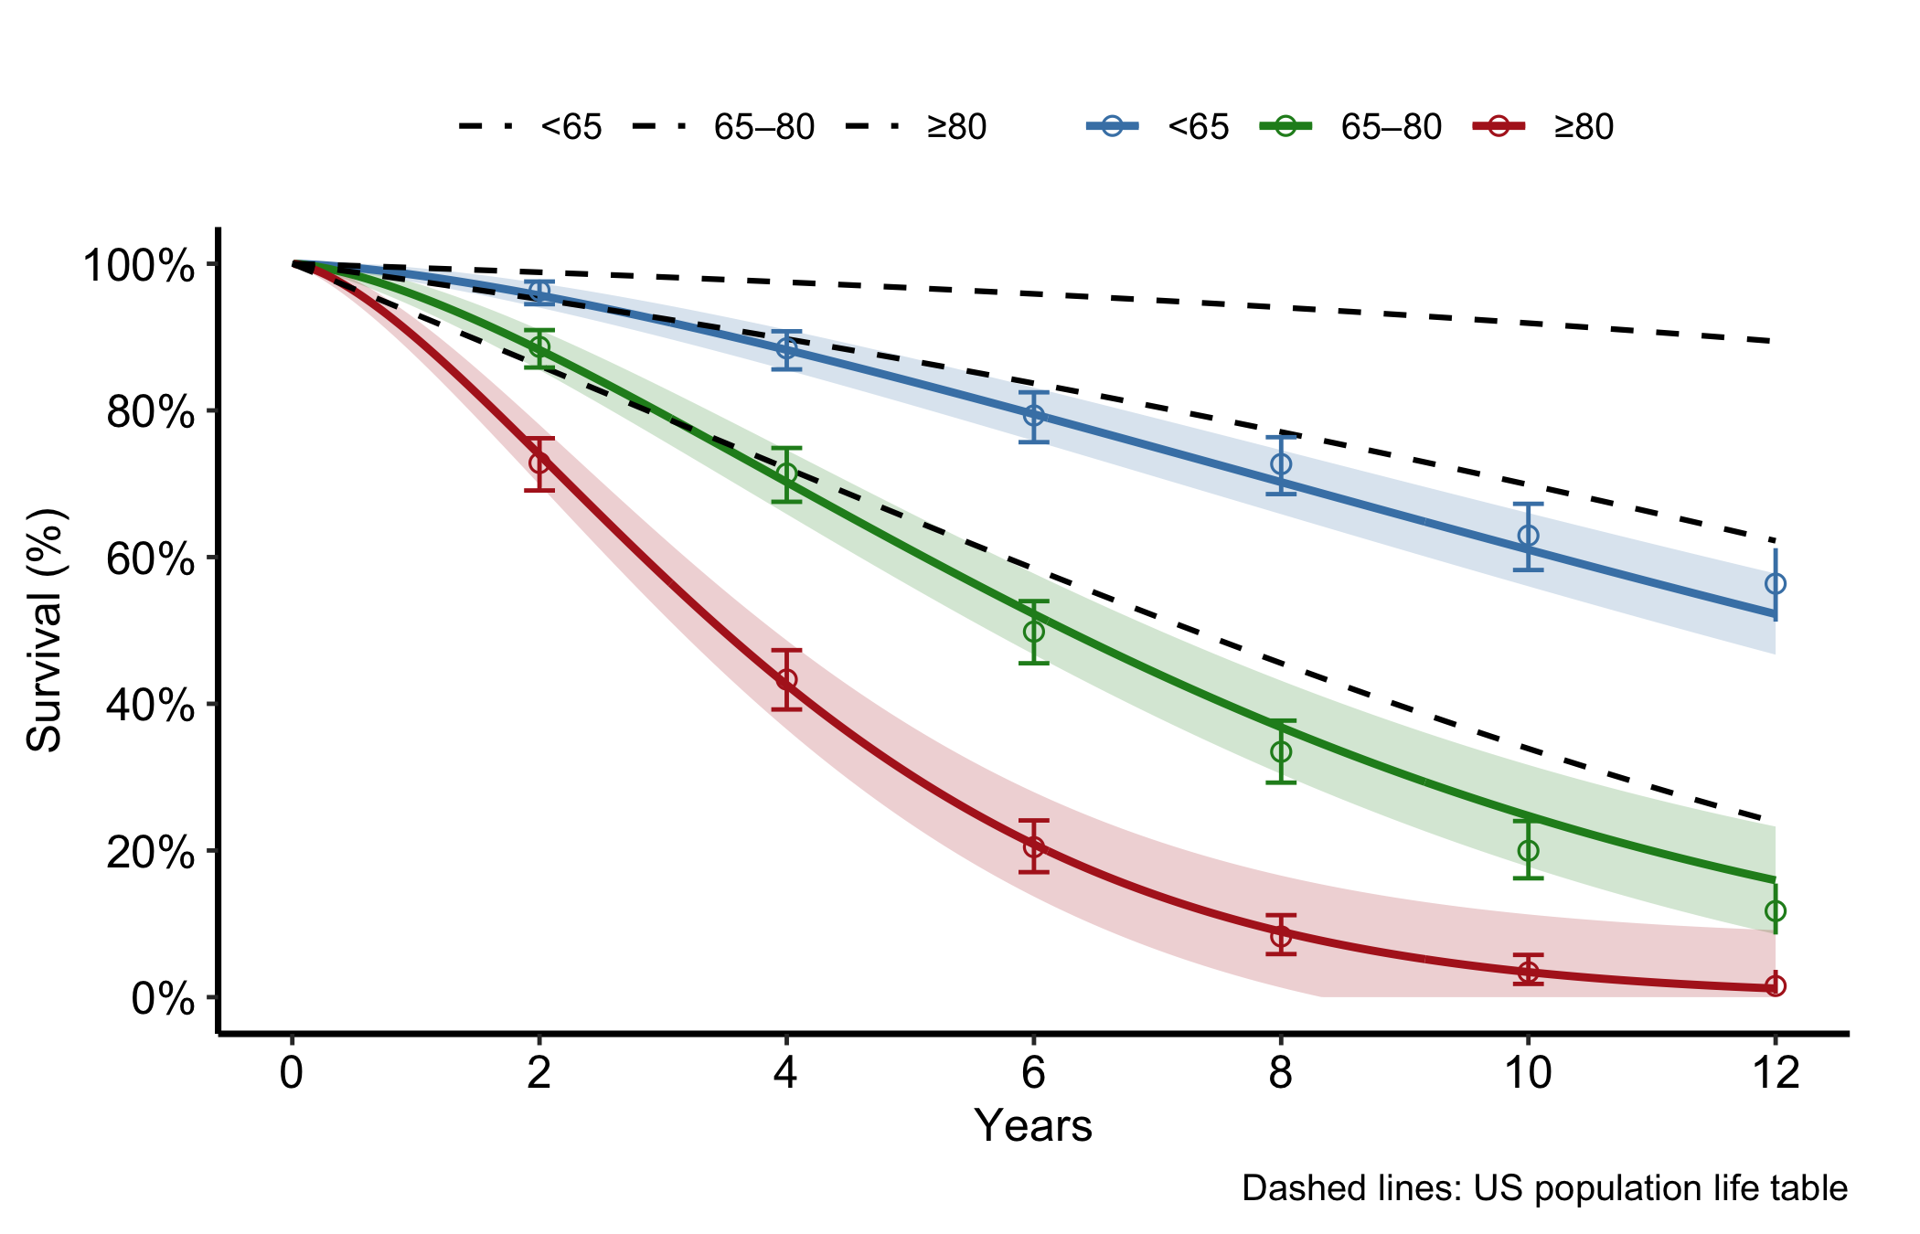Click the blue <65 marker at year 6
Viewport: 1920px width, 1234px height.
click(x=1033, y=416)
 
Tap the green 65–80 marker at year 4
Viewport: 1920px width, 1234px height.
click(x=786, y=473)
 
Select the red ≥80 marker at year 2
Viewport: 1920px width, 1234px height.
click(x=539, y=463)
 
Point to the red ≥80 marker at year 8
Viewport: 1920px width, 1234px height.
click(x=1281, y=935)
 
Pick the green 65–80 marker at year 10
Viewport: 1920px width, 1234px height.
click(x=1528, y=850)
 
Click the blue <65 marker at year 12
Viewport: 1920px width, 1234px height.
click(x=1775, y=583)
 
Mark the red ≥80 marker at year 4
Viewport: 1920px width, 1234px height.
click(x=786, y=680)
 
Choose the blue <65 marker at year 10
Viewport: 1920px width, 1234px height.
click(x=1528, y=536)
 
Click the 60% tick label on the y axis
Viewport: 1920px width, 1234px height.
click(x=151, y=559)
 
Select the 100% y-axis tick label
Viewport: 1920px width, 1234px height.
click(x=139, y=266)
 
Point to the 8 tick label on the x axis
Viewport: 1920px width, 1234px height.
click(x=1281, y=1072)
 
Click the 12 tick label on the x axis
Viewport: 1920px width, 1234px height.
click(x=1775, y=1072)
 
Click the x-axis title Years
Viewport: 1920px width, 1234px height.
click(x=1033, y=1125)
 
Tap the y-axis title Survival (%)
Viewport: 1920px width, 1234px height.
click(x=44, y=631)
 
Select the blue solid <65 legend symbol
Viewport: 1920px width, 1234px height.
click(x=1113, y=126)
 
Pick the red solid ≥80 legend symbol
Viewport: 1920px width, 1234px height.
click(x=1499, y=126)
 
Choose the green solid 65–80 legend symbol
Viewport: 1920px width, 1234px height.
click(x=1285, y=126)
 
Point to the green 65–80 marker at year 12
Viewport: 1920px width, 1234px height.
click(x=1775, y=911)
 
